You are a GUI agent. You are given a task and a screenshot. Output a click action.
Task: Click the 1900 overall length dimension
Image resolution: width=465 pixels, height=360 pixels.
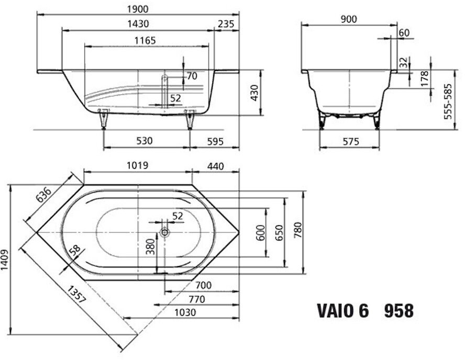(138, 9)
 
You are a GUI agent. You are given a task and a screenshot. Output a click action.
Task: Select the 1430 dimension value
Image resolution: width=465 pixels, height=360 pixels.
(138, 24)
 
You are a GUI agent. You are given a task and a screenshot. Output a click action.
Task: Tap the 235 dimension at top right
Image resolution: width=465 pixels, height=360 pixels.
(226, 24)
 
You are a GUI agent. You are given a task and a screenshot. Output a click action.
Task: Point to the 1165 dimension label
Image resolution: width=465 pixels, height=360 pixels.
(145, 40)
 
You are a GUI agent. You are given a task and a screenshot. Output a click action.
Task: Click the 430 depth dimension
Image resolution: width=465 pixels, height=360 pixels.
(254, 93)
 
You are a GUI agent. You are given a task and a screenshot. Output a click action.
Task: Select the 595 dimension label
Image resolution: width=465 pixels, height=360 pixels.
(215, 141)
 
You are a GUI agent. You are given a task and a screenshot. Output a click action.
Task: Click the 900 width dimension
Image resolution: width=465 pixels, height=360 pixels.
(348, 19)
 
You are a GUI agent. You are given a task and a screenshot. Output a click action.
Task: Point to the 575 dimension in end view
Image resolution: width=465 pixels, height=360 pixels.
(351, 141)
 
